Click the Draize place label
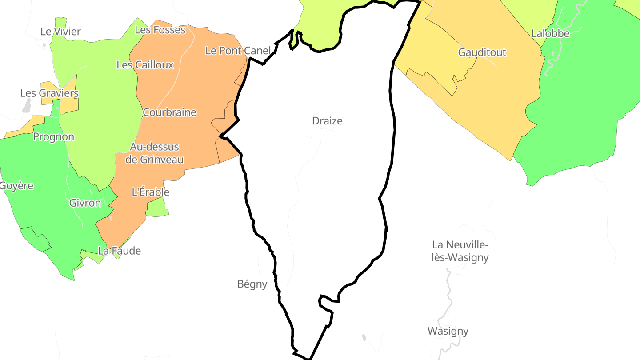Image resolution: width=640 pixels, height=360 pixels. click(x=327, y=121)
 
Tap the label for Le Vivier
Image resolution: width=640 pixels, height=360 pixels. click(x=60, y=32)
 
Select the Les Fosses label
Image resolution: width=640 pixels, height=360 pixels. click(x=160, y=30)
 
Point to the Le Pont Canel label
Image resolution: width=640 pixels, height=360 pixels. click(x=238, y=51)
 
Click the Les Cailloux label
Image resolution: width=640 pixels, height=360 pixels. click(x=145, y=65)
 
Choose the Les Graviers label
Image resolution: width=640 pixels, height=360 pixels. click(x=49, y=93)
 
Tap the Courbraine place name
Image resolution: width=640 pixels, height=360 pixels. click(x=169, y=112)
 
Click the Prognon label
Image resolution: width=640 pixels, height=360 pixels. click(x=53, y=137)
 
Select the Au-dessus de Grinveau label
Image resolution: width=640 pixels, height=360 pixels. click(x=155, y=153)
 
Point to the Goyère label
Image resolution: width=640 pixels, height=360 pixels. click(x=16, y=186)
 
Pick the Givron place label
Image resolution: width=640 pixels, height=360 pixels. click(x=85, y=203)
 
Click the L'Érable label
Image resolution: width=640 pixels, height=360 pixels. click(x=151, y=192)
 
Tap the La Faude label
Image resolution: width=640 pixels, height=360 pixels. click(x=119, y=251)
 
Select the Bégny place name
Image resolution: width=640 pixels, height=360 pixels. click(x=252, y=284)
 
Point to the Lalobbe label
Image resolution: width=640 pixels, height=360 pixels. click(x=550, y=33)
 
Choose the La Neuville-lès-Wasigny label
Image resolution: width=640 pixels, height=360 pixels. click(x=460, y=251)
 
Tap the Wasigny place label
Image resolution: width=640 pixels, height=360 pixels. click(x=448, y=331)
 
